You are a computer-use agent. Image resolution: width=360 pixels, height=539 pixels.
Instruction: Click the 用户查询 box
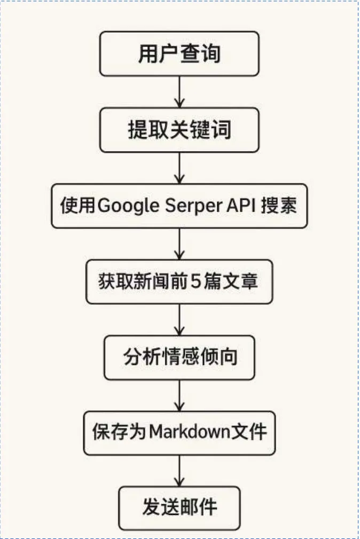179,53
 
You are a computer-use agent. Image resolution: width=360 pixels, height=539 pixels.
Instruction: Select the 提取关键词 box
179,130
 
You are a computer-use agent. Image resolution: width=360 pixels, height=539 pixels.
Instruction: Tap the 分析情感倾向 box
179,357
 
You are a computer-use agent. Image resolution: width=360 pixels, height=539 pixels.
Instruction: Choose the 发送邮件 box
179,507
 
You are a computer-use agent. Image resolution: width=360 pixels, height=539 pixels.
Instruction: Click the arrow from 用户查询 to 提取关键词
179,91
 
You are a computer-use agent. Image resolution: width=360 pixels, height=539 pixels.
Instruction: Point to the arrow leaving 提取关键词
179,168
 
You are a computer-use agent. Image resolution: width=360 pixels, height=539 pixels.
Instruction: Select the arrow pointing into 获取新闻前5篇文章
179,244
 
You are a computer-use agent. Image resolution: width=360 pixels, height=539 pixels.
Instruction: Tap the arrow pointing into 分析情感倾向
179,319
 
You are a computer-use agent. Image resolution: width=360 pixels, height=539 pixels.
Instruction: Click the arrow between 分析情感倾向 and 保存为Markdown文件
179,395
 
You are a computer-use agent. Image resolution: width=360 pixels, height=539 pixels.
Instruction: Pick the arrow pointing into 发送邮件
179,470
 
